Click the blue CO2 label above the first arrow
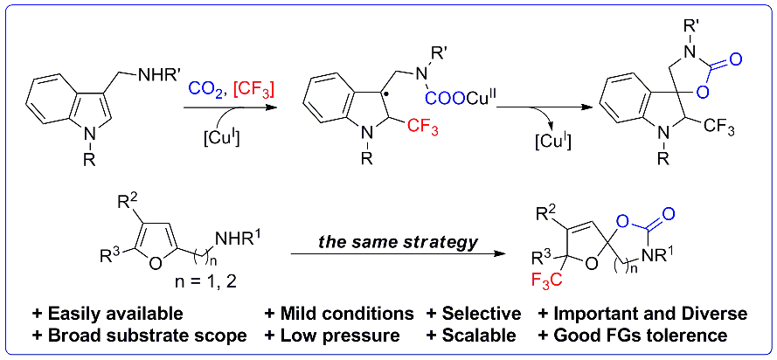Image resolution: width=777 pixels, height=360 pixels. (205, 88)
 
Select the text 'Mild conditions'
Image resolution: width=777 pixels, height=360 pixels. (340, 314)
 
